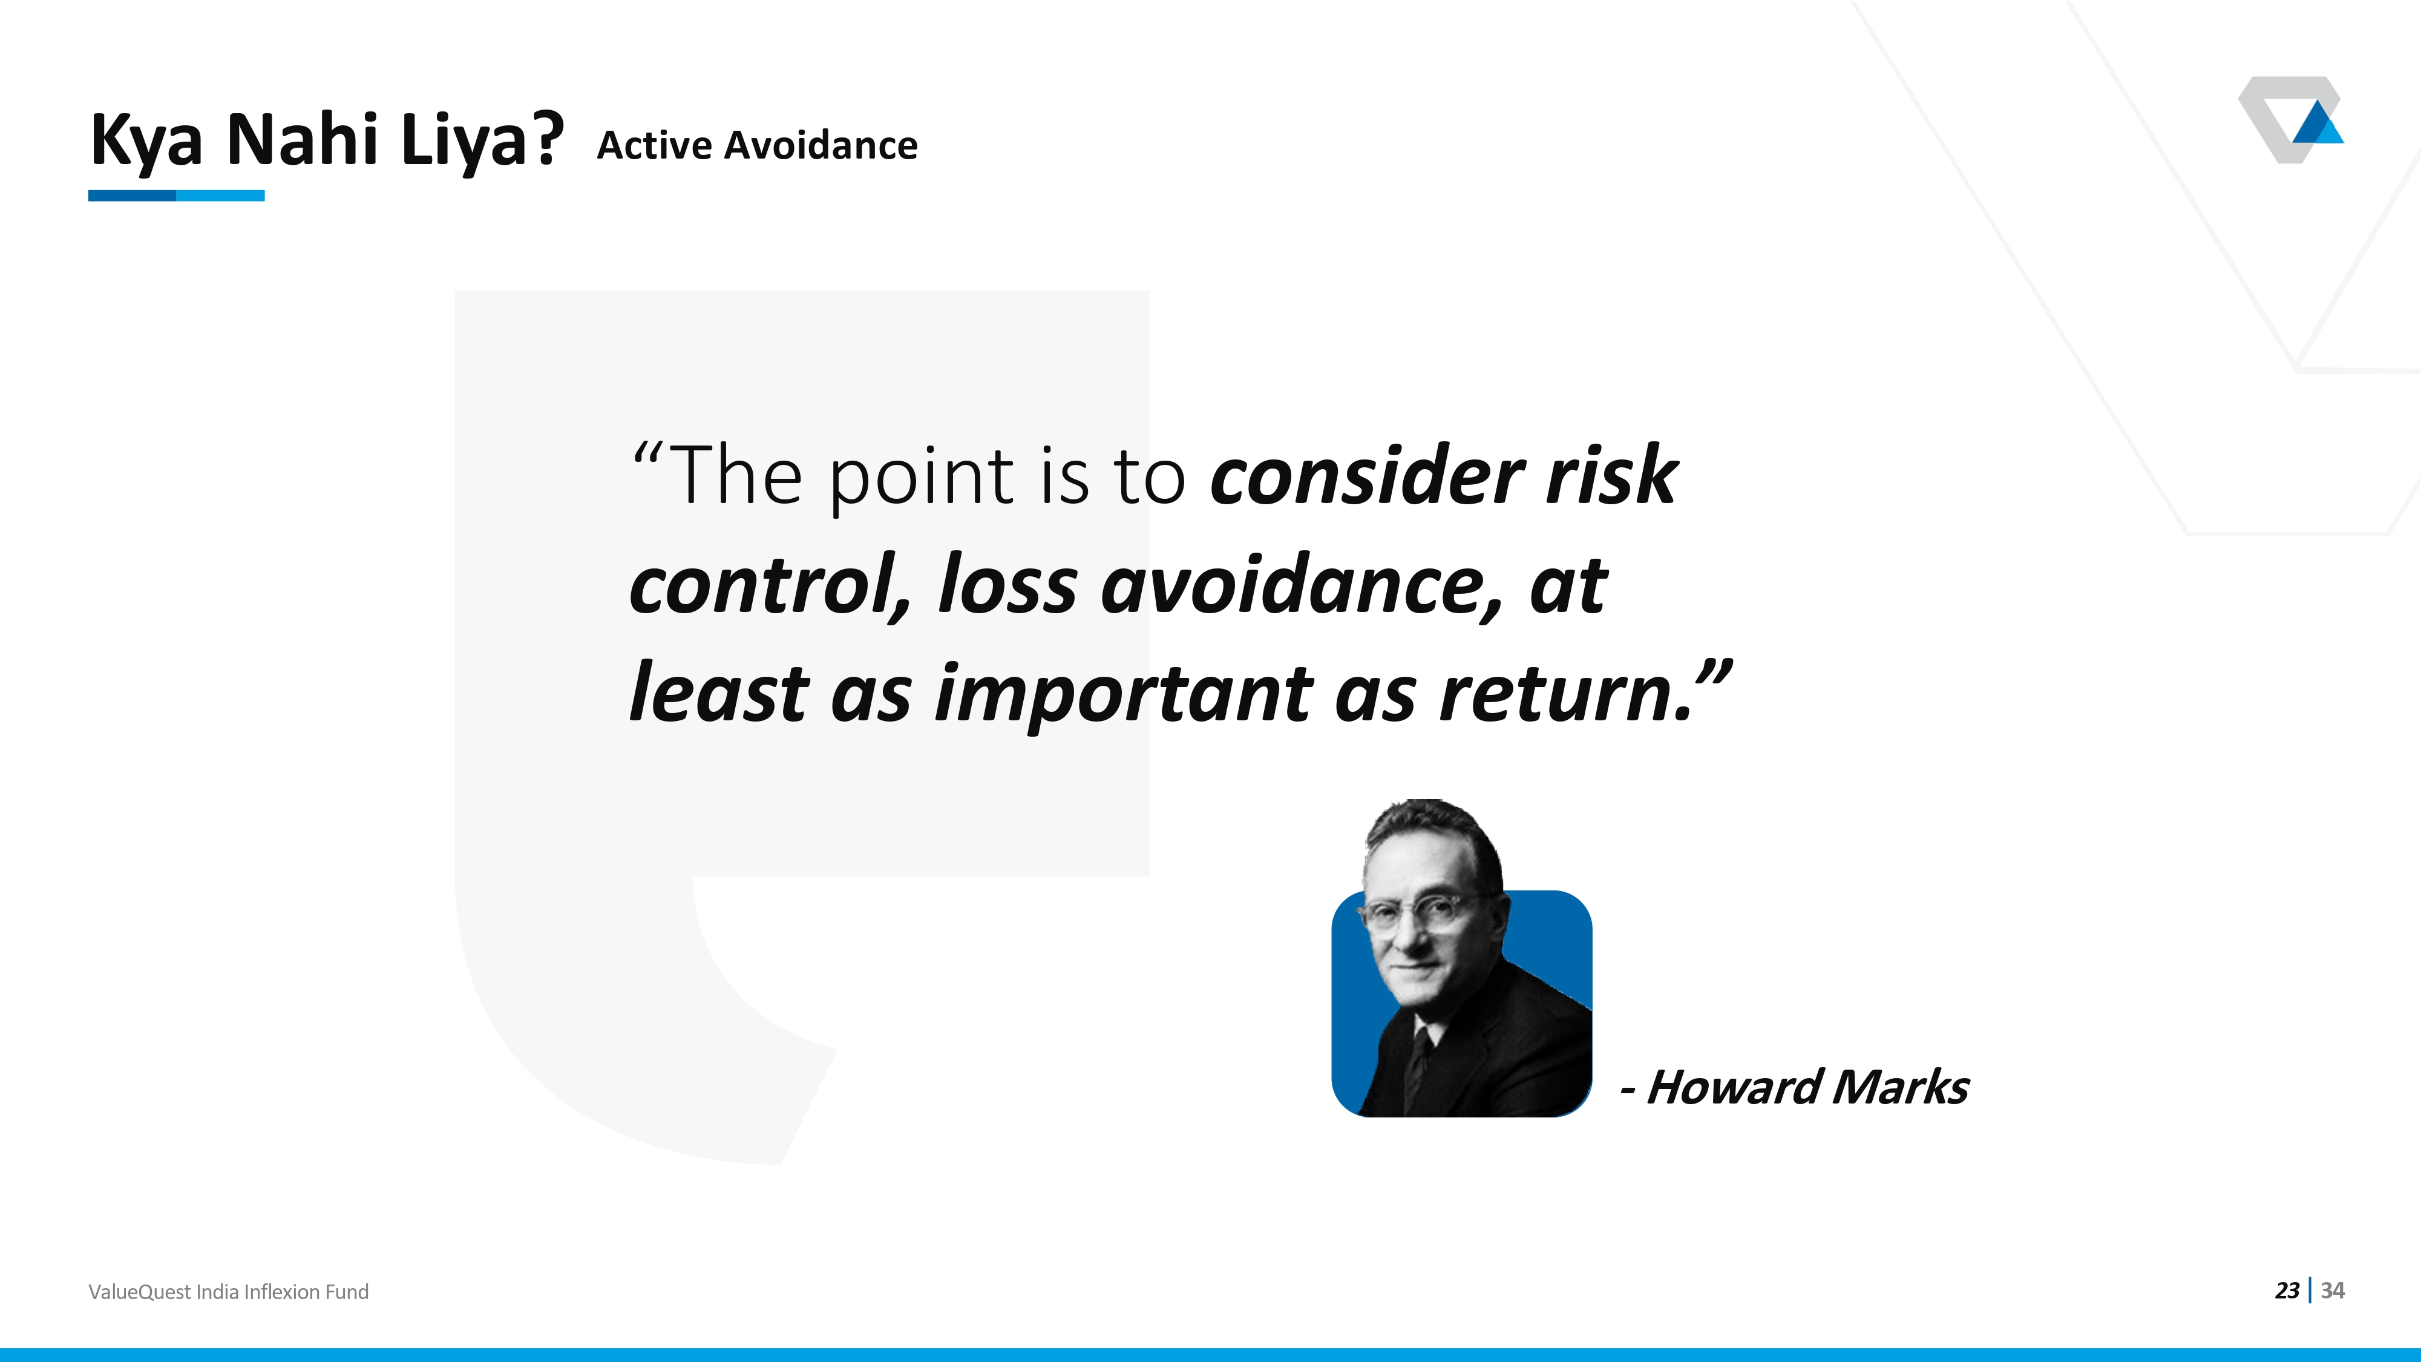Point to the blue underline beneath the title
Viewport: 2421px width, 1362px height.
coord(177,196)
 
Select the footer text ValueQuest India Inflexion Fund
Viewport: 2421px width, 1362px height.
coord(228,1292)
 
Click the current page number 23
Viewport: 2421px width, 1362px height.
coord(2287,1291)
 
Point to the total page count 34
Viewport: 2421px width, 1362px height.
coord(2333,1291)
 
